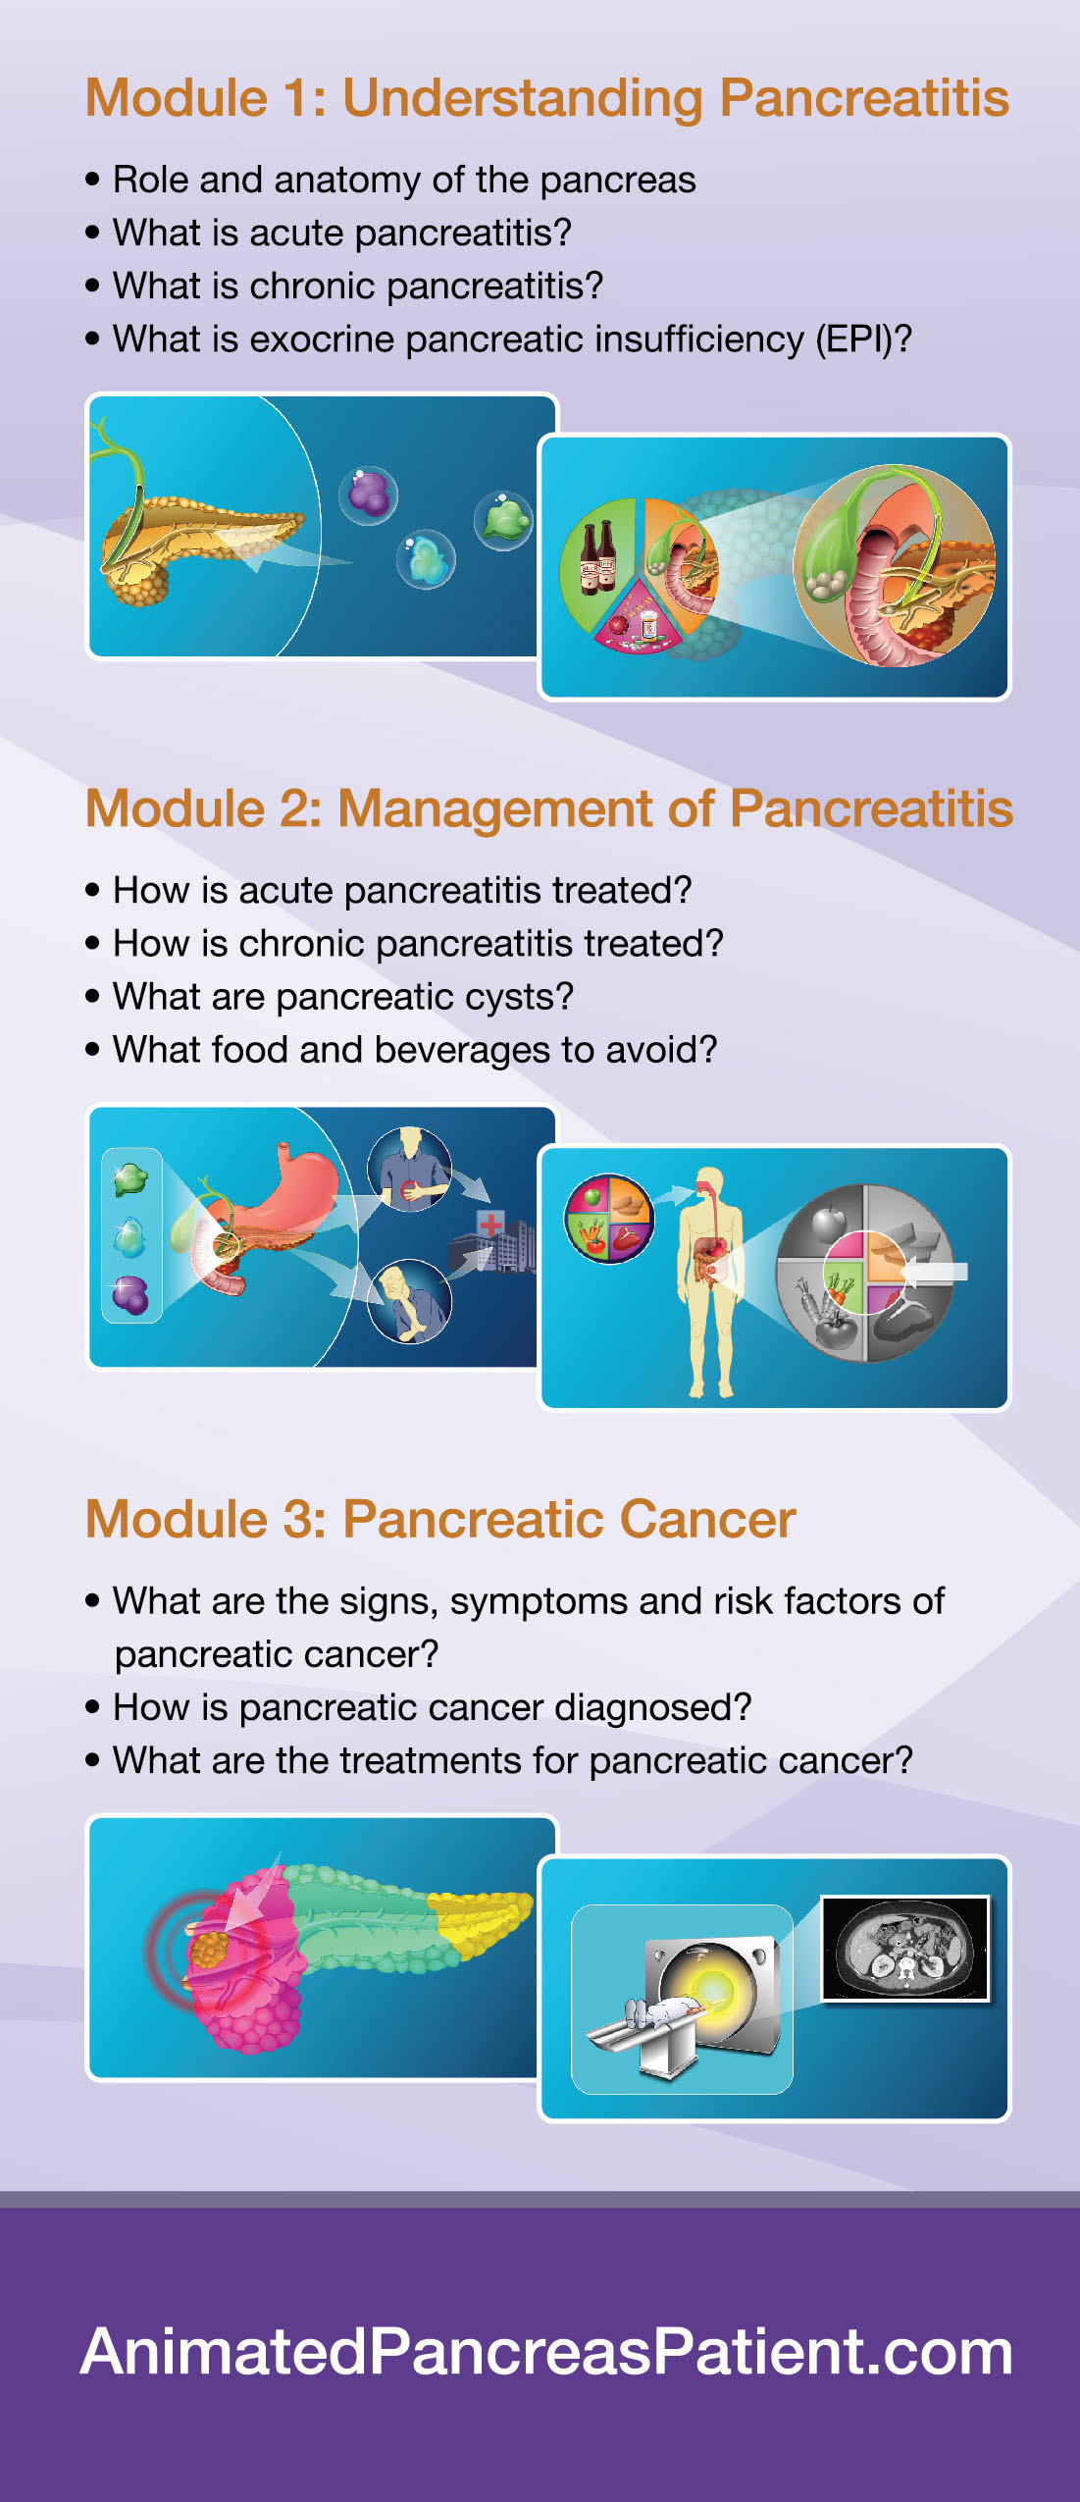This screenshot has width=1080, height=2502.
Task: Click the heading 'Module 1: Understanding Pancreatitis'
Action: tap(546, 99)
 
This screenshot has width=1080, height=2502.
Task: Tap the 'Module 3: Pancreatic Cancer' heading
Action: tap(440, 1519)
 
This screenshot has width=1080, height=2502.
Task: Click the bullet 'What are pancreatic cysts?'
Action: tap(342, 997)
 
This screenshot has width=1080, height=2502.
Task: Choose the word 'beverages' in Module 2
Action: tap(462, 1050)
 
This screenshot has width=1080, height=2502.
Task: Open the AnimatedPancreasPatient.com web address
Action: tap(546, 2352)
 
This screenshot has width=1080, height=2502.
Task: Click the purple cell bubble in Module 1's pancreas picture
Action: tap(369, 495)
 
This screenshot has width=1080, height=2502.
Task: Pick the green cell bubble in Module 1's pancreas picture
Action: tap(504, 520)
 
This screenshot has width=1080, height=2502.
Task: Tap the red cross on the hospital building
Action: tap(490, 1224)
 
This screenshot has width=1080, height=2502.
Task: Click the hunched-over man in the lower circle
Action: tap(409, 1301)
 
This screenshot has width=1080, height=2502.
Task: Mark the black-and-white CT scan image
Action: tap(905, 1949)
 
